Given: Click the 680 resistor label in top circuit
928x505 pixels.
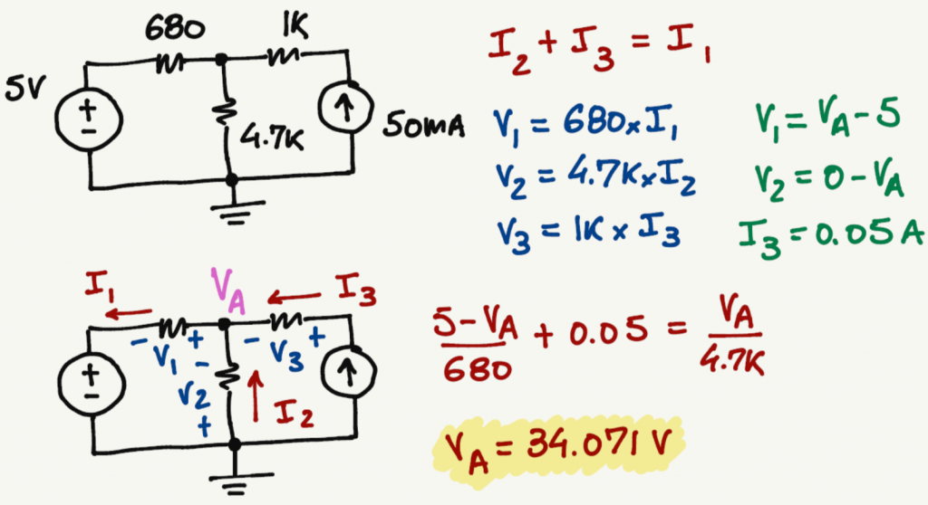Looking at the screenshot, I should tap(174, 30).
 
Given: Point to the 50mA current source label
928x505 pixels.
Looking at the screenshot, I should tap(423, 126).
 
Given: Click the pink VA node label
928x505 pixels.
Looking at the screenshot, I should tap(228, 291).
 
